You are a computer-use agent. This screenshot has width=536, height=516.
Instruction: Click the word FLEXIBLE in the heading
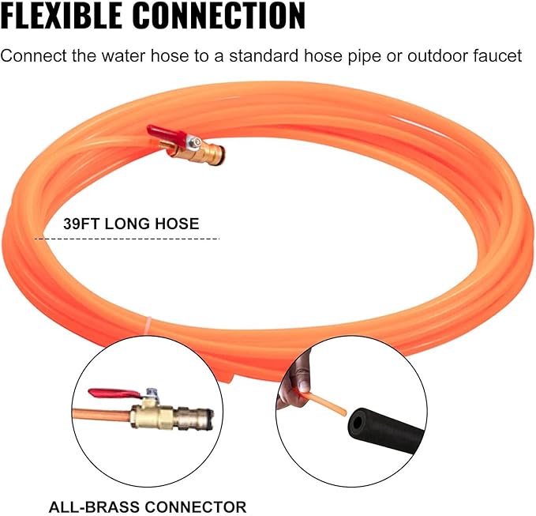(x=62, y=15)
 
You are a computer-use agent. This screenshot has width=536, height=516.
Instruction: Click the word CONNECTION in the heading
(x=219, y=15)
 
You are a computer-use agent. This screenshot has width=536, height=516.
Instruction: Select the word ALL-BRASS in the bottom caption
(x=94, y=507)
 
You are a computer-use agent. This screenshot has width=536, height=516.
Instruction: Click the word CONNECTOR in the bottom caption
(x=196, y=507)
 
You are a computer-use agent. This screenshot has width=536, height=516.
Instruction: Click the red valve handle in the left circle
(x=114, y=394)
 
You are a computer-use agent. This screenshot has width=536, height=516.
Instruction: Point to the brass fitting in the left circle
(x=171, y=415)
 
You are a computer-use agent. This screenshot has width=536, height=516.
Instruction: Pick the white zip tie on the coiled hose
(x=148, y=324)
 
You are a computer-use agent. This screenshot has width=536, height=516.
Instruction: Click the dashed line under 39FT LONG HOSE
(x=127, y=239)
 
